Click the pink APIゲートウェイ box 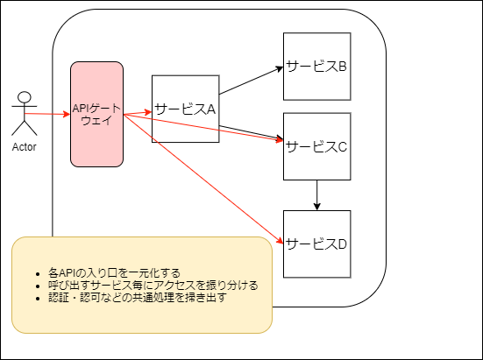pyautogui.click(x=96, y=114)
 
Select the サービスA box pyautogui.click(x=186, y=109)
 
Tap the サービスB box pyautogui.click(x=317, y=67)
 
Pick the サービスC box pyautogui.click(x=317, y=146)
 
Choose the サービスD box pyautogui.click(x=317, y=244)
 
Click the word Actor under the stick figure pyautogui.click(x=24, y=147)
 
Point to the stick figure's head pyautogui.click(x=25, y=97)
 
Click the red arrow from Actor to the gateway pyautogui.click(x=47, y=114)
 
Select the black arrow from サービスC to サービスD pyautogui.click(x=317, y=195)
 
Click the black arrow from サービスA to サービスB pyautogui.click(x=251, y=81)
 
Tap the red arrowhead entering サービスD pyautogui.click(x=280, y=241)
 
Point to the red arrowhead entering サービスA pyautogui.click(x=148, y=112)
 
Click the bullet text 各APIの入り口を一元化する pyautogui.click(x=114, y=273)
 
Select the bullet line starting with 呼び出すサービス pyautogui.click(x=153, y=286)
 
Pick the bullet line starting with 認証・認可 pyautogui.click(x=138, y=298)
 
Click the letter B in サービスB pyautogui.click(x=342, y=67)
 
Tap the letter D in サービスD pyautogui.click(x=342, y=244)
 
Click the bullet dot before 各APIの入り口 pyautogui.click(x=38, y=274)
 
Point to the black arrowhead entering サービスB pyautogui.click(x=279, y=69)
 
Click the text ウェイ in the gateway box pyautogui.click(x=96, y=120)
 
